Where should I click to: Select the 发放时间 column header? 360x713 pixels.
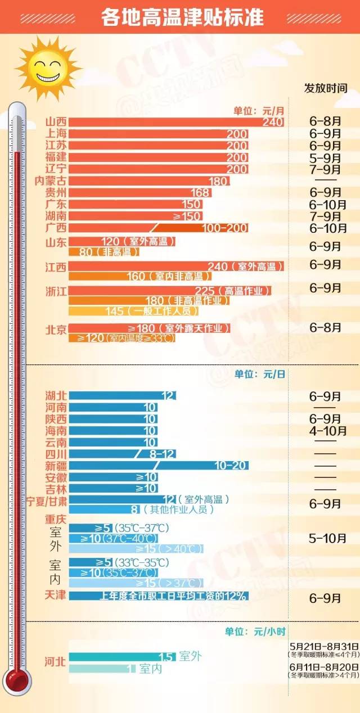pos(326,88)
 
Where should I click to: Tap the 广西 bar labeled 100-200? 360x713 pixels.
pos(158,228)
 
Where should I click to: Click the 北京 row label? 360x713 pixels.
pos(56,330)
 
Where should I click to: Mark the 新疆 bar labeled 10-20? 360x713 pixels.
pos(158,466)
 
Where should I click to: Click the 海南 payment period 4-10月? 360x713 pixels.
pos(327,431)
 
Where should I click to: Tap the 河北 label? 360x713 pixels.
pos(56,662)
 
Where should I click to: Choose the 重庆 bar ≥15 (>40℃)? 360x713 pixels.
pos(136,548)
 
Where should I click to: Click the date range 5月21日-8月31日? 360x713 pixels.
pos(324,645)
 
